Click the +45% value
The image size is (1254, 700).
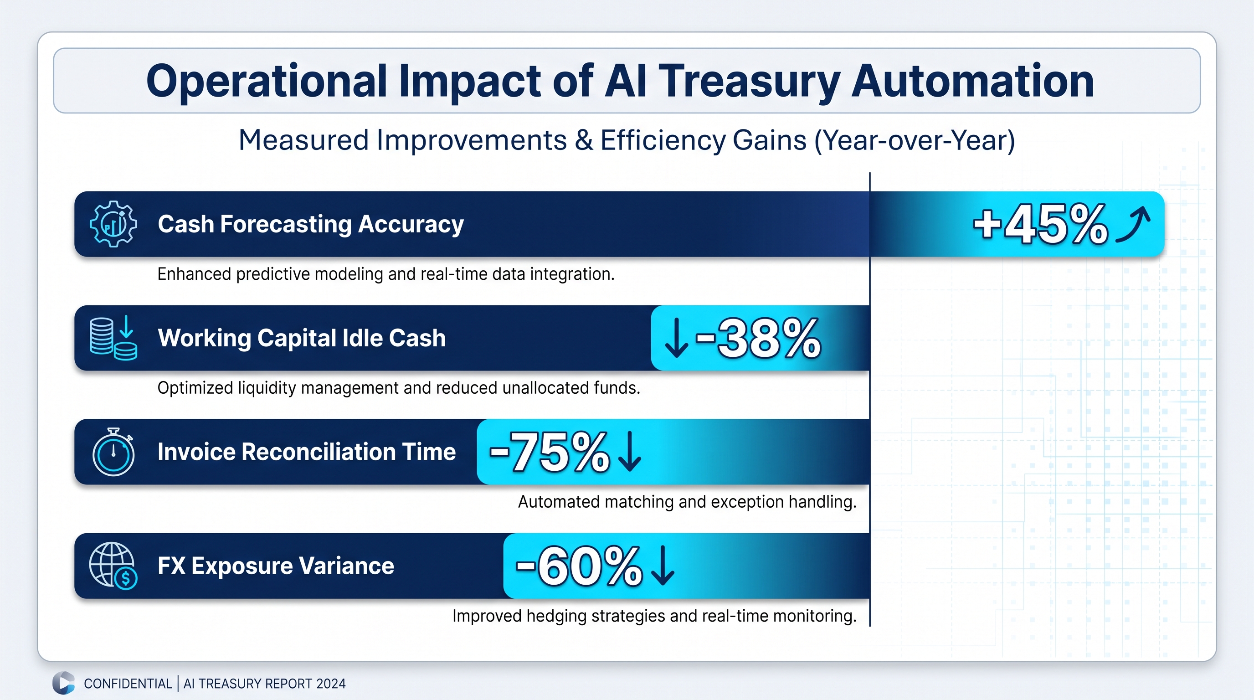point(1041,224)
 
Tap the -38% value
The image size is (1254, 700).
point(758,338)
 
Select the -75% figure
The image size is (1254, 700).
point(549,452)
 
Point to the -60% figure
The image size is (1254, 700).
point(579,566)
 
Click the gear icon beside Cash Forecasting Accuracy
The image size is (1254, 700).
point(113,224)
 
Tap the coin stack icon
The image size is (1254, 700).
point(113,338)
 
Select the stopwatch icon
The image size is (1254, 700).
point(113,452)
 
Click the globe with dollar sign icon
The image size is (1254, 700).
point(113,566)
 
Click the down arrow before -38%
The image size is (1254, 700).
point(677,338)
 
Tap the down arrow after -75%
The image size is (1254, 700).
point(630,451)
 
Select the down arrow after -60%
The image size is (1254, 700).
point(663,566)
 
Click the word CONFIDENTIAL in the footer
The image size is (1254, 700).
point(128,684)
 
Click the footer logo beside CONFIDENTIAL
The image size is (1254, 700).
point(63,683)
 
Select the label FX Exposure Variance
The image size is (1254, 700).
point(276,566)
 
